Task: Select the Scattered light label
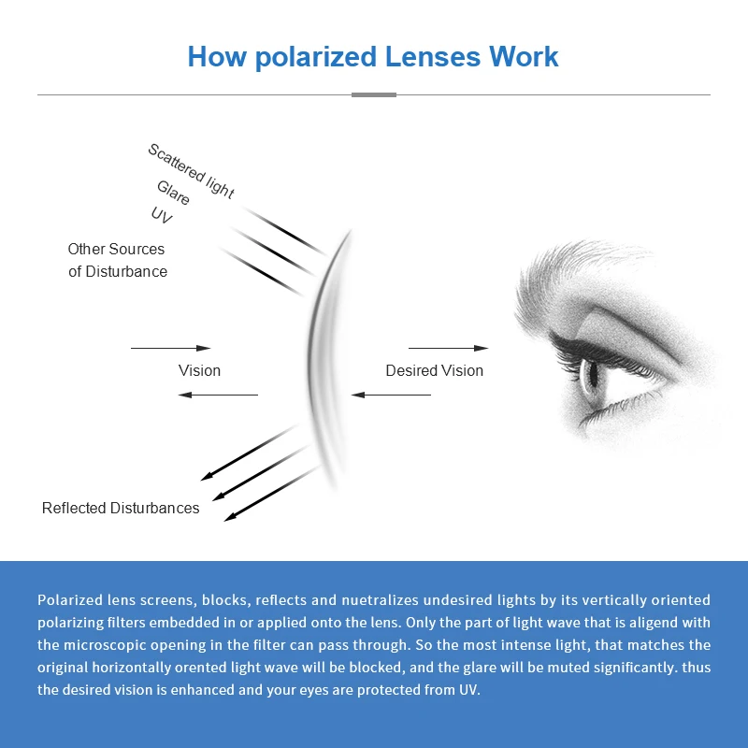(x=191, y=170)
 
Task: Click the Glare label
(x=174, y=194)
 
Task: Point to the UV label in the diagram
(x=162, y=215)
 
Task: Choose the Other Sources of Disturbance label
(x=117, y=260)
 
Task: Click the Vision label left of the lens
(x=199, y=370)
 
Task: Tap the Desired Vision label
(x=434, y=370)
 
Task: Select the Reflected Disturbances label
(x=121, y=508)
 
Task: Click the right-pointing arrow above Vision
(x=170, y=348)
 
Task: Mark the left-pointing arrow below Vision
(x=218, y=395)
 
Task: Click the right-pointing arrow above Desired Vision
(x=448, y=348)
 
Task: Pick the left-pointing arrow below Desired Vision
(x=392, y=395)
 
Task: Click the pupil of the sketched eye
(x=592, y=374)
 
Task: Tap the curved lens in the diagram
(x=323, y=360)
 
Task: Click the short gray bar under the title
(x=374, y=94)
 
